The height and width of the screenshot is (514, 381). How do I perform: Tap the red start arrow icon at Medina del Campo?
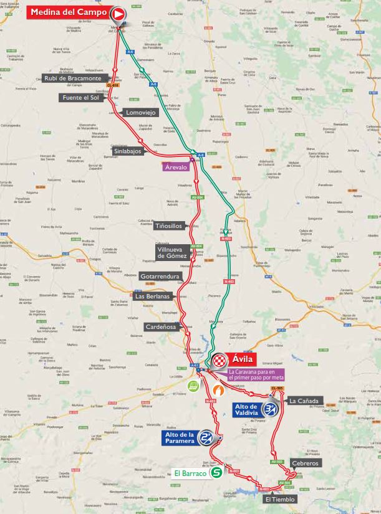tap(118, 13)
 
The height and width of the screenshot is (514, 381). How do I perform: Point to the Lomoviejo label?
tap(141, 113)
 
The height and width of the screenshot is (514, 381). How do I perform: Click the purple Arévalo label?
tap(176, 167)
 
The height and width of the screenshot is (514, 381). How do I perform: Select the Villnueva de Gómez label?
tap(172, 252)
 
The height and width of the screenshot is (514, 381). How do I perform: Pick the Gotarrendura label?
tap(160, 276)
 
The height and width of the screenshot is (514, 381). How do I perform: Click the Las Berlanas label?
tap(153, 296)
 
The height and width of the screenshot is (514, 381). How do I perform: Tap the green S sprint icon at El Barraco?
tap(216, 473)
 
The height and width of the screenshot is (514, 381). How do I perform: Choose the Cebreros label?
tap(306, 464)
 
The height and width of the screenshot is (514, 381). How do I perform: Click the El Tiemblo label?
tap(279, 499)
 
